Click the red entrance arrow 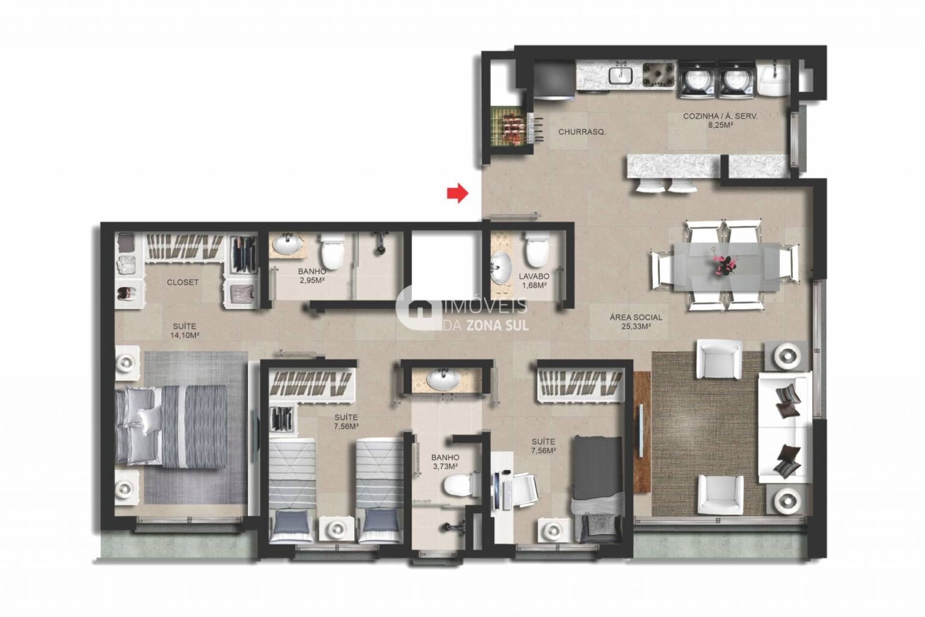(x=457, y=193)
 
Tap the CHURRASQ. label (x=582, y=132)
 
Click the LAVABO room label (x=534, y=276)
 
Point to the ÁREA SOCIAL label (x=636, y=317)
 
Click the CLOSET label (x=183, y=282)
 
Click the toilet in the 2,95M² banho (x=331, y=250)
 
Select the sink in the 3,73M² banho (x=442, y=381)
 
